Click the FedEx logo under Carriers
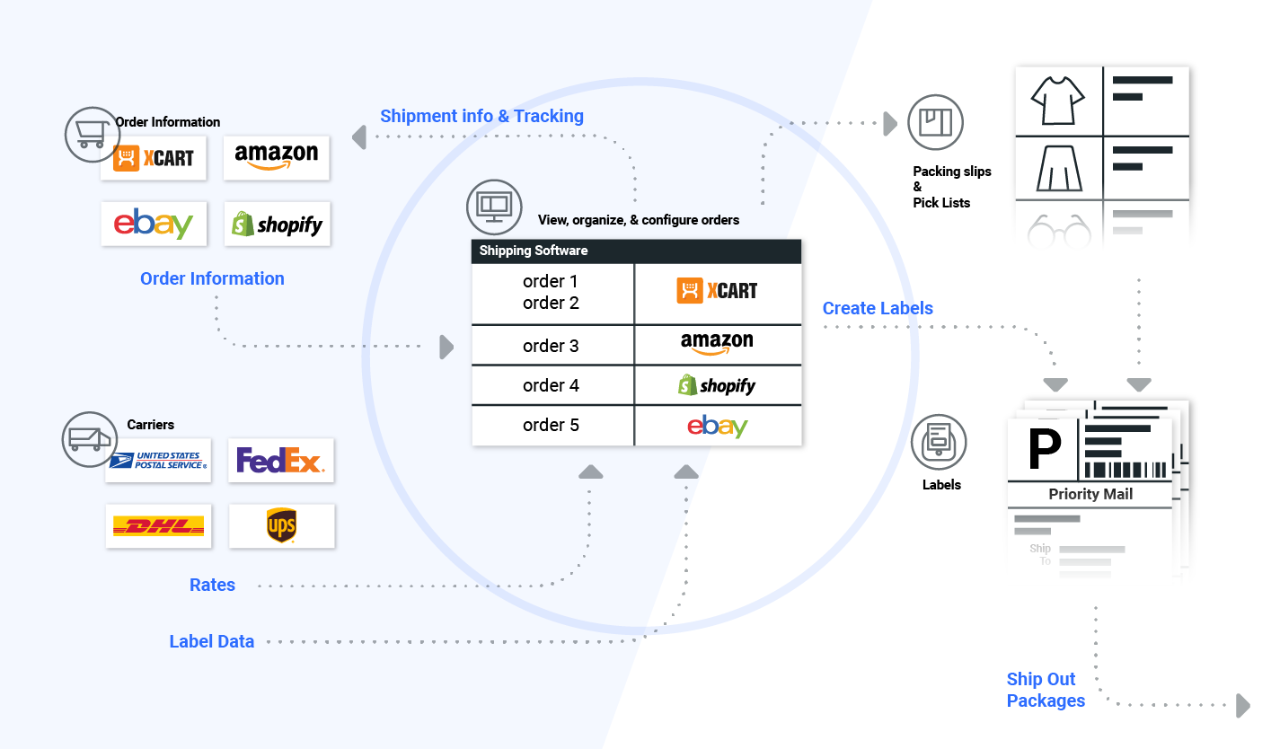pos(280,461)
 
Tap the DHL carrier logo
pos(158,526)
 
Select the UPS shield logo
pos(281,526)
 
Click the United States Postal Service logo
pos(158,461)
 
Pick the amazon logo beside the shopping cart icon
pos(276,157)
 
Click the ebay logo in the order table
pos(717,426)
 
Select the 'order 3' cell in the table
pos(551,346)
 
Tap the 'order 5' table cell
pos(551,425)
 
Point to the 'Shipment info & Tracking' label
pos(481,116)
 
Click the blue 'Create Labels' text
pos(878,308)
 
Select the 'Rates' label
pos(212,585)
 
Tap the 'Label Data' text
pos(212,641)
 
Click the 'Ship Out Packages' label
pos(1045,690)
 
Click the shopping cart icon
pos(92,135)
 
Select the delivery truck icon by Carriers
pos(88,439)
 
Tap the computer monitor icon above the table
pos(493,206)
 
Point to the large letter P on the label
pos(1044,449)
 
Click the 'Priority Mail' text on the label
pos(1090,494)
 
